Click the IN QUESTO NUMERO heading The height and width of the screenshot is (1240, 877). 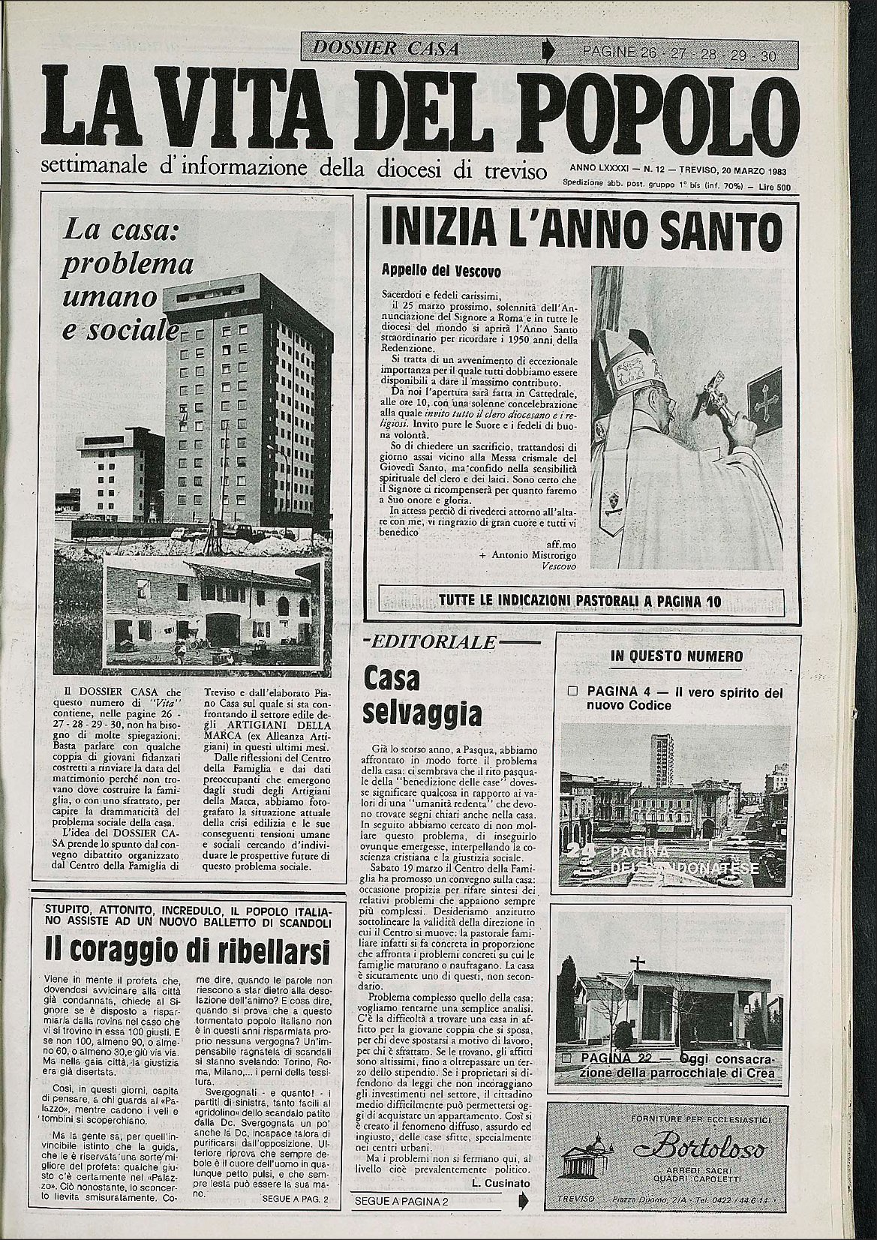[x=677, y=656]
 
